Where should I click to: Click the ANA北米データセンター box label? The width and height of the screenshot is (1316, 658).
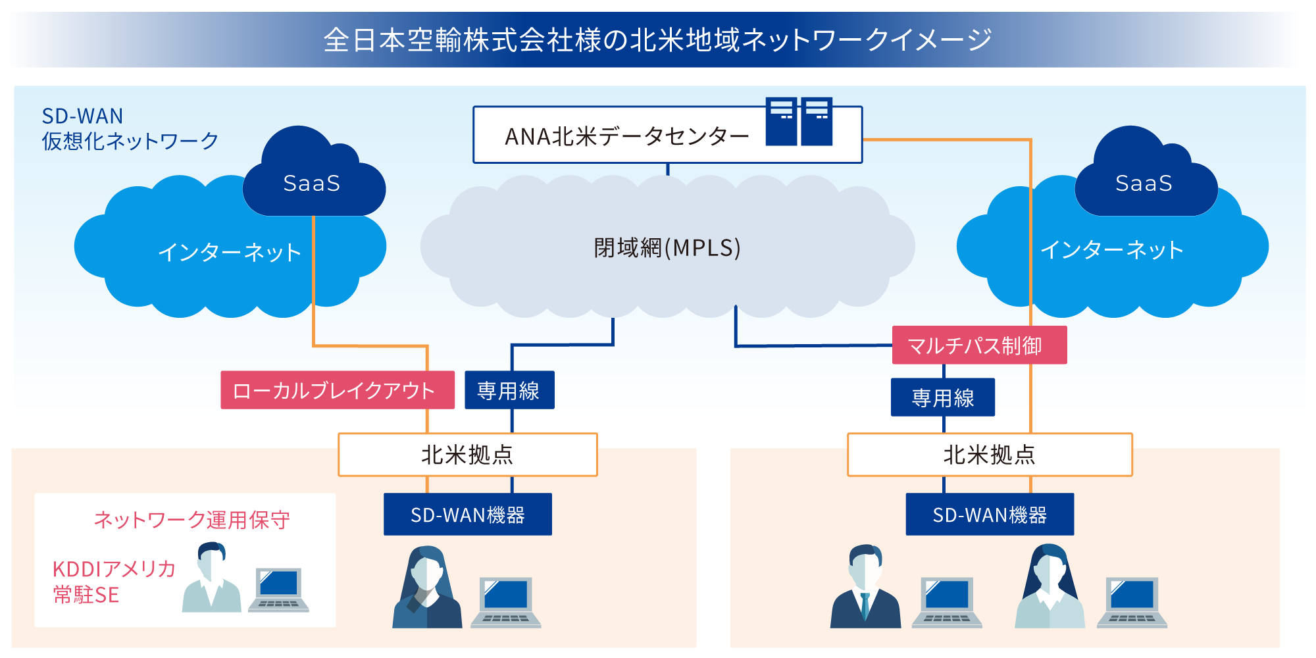click(x=626, y=136)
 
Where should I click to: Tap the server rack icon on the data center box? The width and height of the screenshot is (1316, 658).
click(x=799, y=122)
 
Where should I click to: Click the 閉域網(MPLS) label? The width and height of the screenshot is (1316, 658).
click(x=667, y=248)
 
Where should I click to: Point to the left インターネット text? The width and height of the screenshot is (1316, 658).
click(x=230, y=252)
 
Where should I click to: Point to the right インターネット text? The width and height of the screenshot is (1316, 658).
click(x=1112, y=250)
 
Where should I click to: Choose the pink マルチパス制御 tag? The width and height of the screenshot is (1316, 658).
click(x=979, y=345)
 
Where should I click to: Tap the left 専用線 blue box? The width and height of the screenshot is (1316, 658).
click(x=509, y=390)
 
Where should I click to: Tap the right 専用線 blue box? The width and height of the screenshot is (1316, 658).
click(x=942, y=397)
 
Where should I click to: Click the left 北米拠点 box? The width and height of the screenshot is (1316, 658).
click(x=467, y=455)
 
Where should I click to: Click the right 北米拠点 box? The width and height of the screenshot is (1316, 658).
click(x=989, y=455)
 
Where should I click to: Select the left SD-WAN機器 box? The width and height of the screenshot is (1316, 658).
click(x=467, y=515)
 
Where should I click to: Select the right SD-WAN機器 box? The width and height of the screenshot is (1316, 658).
click(x=989, y=515)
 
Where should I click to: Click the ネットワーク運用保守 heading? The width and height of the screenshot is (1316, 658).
click(x=191, y=520)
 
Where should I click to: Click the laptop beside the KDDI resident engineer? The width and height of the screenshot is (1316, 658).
click(x=279, y=590)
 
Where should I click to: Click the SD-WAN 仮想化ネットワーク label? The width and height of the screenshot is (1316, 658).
click(x=129, y=129)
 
